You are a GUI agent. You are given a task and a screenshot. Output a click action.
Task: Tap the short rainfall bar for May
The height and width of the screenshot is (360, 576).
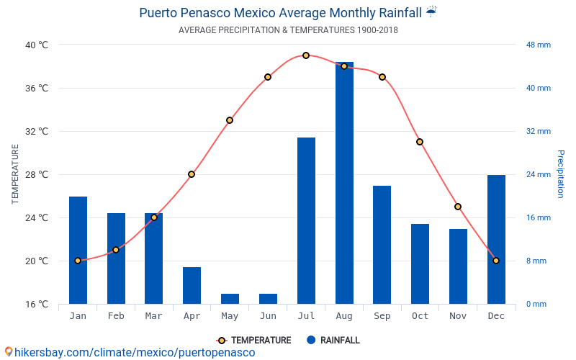[230, 298]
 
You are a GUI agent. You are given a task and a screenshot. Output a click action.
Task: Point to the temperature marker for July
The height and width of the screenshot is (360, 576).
[306, 55]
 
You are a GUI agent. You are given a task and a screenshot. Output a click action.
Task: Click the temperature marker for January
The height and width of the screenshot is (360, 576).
[78, 261]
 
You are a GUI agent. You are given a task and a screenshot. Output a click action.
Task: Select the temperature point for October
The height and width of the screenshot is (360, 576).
[420, 142]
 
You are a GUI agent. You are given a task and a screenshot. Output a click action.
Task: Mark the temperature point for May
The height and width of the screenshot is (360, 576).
[230, 120]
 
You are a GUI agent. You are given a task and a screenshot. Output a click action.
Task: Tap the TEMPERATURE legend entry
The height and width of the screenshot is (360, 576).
[254, 341]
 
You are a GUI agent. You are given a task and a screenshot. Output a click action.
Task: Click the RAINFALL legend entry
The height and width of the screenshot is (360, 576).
[333, 341]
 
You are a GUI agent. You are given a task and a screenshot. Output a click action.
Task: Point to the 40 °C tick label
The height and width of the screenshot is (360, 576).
[37, 45]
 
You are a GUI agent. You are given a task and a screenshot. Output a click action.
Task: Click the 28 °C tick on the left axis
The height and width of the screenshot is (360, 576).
[37, 174]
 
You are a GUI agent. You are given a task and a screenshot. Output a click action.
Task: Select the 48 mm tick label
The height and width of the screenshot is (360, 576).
[538, 45]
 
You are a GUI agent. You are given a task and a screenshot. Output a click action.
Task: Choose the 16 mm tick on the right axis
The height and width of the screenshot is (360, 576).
[538, 217]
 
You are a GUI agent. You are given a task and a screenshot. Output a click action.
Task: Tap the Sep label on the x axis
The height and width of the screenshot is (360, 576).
[382, 316]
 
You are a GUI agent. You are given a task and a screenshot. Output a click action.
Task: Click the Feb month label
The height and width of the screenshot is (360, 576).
[116, 316]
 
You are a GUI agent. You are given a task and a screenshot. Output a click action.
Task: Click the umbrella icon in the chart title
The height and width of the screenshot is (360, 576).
[431, 12]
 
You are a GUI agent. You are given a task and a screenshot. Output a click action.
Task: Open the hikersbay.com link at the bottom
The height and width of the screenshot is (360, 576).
[130, 352]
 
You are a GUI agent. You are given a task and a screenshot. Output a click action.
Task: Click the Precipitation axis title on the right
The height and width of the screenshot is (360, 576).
[561, 174]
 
